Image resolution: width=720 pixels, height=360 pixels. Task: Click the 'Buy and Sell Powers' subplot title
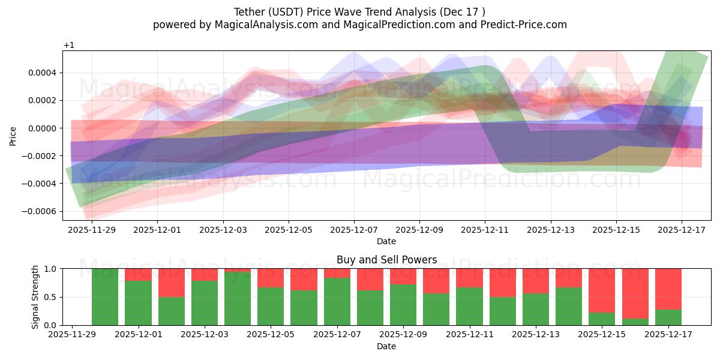[386, 260]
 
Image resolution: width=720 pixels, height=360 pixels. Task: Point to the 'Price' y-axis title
[13, 136]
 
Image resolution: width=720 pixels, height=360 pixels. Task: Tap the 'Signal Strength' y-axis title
[35, 296]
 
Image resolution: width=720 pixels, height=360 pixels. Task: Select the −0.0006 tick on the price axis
[40, 211]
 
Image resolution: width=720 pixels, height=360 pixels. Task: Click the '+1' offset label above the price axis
[68, 46]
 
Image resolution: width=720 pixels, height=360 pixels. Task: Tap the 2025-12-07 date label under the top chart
[354, 229]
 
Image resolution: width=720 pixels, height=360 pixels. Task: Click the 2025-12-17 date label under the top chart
[682, 229]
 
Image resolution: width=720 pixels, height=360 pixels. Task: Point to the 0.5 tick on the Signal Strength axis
[50, 297]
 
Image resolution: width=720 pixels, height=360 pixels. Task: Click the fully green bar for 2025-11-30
[105, 297]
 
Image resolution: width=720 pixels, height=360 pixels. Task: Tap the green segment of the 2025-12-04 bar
[238, 299]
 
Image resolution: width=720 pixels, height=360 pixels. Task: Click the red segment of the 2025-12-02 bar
[171, 283]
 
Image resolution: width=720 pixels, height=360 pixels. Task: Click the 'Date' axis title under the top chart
[386, 241]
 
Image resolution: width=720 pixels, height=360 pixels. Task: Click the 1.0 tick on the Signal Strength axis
[50, 269]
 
